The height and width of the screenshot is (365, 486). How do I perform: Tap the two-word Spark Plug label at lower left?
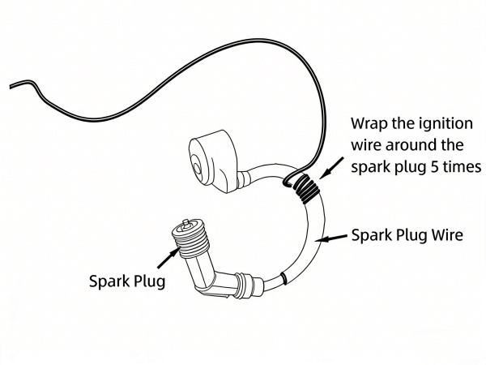(126, 281)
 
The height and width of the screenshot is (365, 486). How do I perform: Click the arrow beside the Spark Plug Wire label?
(332, 238)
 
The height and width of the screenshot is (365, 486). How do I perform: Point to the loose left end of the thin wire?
(10, 85)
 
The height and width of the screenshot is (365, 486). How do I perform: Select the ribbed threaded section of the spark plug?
(192, 238)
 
